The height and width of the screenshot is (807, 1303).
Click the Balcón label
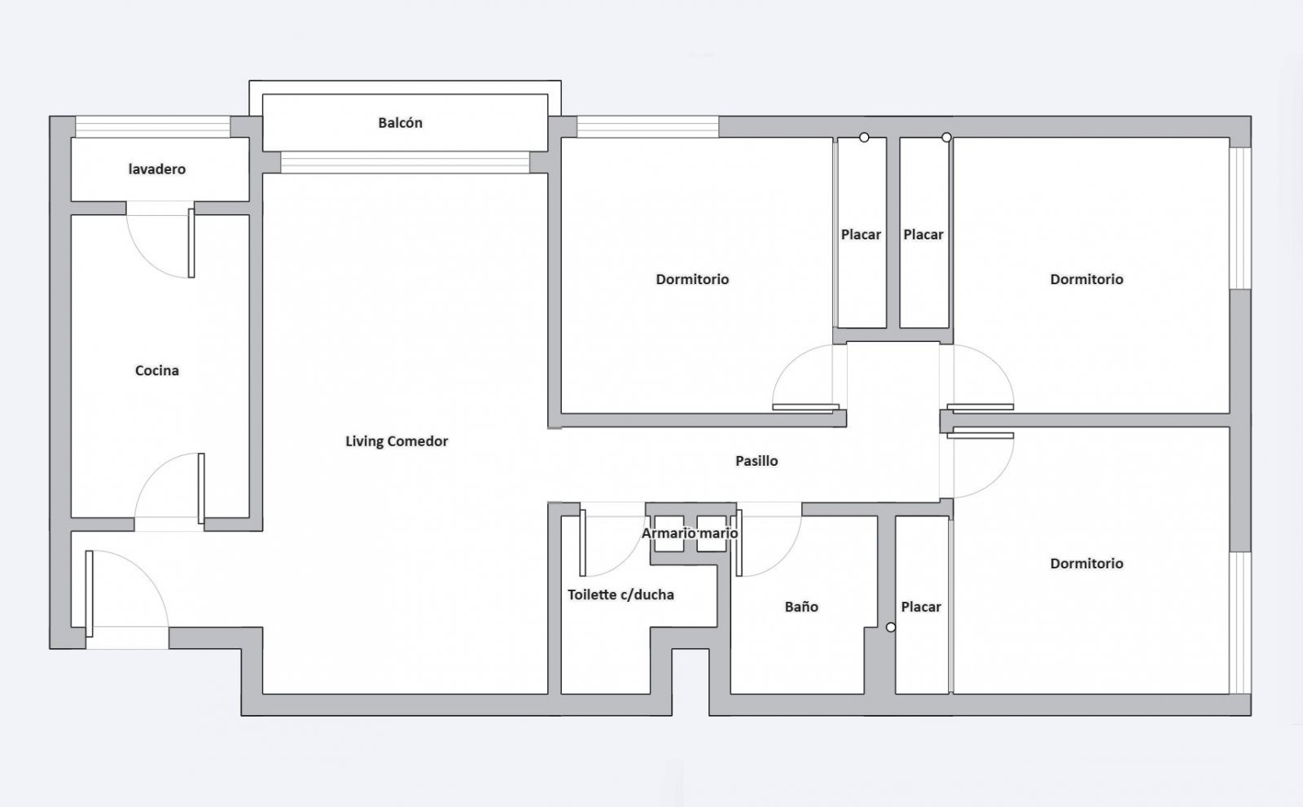pyautogui.click(x=400, y=123)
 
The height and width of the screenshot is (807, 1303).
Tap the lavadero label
pyautogui.click(x=157, y=169)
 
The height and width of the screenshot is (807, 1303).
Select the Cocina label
pyautogui.click(x=157, y=371)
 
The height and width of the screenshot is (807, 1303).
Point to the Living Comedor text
pyautogui.click(x=397, y=441)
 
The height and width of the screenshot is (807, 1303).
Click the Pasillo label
pyautogui.click(x=757, y=461)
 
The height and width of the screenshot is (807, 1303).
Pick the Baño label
pyautogui.click(x=801, y=607)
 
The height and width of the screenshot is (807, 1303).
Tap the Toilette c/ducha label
pyautogui.click(x=621, y=594)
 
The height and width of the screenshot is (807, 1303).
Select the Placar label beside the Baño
pyautogui.click(x=921, y=607)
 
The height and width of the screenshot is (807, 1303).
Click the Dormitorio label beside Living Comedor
pyautogui.click(x=692, y=279)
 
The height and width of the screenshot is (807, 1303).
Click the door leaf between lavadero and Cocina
pyautogui.click(x=191, y=243)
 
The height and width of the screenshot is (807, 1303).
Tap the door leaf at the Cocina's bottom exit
pyautogui.click(x=201, y=489)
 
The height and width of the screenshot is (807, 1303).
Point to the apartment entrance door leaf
pyautogui.click(x=89, y=594)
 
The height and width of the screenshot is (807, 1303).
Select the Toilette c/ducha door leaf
pyautogui.click(x=582, y=543)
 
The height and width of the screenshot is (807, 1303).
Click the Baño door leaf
pyautogui.click(x=739, y=543)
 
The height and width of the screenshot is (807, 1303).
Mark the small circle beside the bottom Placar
pyautogui.click(x=891, y=627)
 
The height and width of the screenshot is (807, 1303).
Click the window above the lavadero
pyautogui.click(x=153, y=127)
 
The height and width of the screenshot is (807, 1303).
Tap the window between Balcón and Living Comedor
pyautogui.click(x=405, y=162)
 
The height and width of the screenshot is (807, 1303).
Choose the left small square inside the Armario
pyautogui.click(x=669, y=533)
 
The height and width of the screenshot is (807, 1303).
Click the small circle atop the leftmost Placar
pyautogui.click(x=864, y=138)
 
